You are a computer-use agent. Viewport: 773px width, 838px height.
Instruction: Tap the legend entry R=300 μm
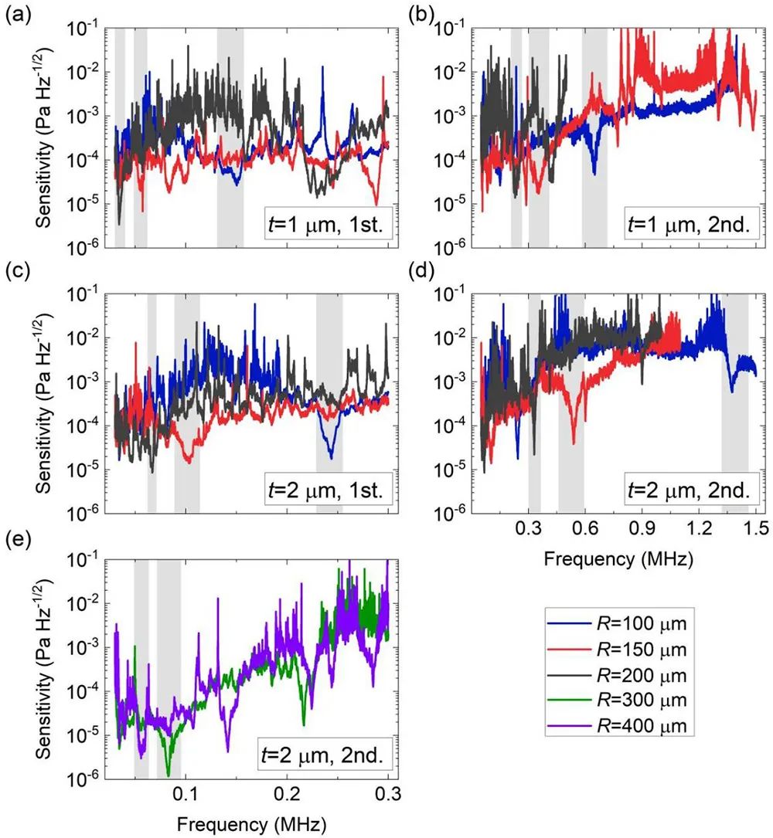pos(619,701)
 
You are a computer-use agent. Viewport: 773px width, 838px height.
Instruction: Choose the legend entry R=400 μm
pos(619,727)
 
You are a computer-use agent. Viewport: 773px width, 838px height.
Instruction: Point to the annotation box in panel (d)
pos(690,490)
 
